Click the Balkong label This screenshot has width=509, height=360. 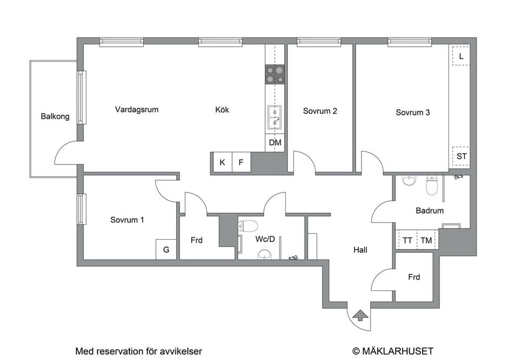click(x=55, y=117)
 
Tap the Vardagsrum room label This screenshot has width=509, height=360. click(x=137, y=110)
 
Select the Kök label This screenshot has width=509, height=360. click(x=222, y=110)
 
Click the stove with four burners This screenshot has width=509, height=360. click(x=275, y=74)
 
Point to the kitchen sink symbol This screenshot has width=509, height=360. click(x=275, y=117)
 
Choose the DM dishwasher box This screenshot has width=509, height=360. click(x=275, y=143)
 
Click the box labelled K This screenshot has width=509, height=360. click(x=222, y=162)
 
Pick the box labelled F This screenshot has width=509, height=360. click(x=241, y=162)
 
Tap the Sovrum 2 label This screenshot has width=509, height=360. click(x=320, y=111)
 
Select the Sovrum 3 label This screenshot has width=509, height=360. click(x=413, y=112)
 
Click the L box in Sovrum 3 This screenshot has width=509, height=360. click(x=461, y=56)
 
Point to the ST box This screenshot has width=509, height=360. click(x=461, y=157)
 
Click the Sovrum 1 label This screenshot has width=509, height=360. click(x=127, y=220)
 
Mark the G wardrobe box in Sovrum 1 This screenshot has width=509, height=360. click(x=166, y=250)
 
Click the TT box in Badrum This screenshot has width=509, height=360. click(x=407, y=240)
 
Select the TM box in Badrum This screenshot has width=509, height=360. click(x=426, y=240)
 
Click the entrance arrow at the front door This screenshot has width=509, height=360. click(x=359, y=316)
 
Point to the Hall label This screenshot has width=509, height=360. click(x=361, y=250)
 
